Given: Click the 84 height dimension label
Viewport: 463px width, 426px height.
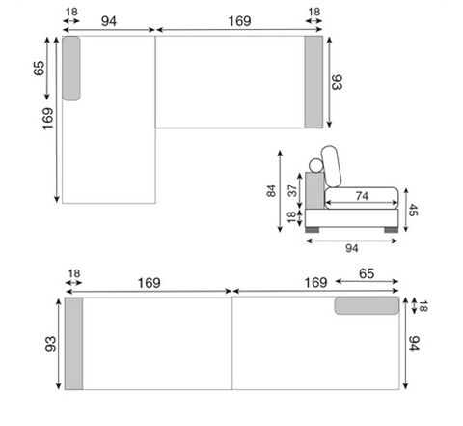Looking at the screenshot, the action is pos(271,190).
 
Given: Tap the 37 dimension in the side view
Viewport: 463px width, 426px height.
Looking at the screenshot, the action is pos(292,190).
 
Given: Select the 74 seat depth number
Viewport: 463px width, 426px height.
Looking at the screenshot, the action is pos(362,196).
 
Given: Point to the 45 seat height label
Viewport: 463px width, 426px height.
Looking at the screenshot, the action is pos(413,210).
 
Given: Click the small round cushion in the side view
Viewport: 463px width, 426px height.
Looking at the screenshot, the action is pos(315,165).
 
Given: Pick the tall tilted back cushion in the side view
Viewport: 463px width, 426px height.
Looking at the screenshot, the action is pos(331,166).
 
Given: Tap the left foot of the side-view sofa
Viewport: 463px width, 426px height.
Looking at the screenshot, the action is pos(312,230).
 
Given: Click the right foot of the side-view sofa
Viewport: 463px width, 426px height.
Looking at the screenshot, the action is pos(391,230).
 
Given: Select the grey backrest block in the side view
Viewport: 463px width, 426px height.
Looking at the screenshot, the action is pos(314,190).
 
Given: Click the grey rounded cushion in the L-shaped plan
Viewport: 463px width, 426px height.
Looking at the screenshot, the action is pos(71,69).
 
